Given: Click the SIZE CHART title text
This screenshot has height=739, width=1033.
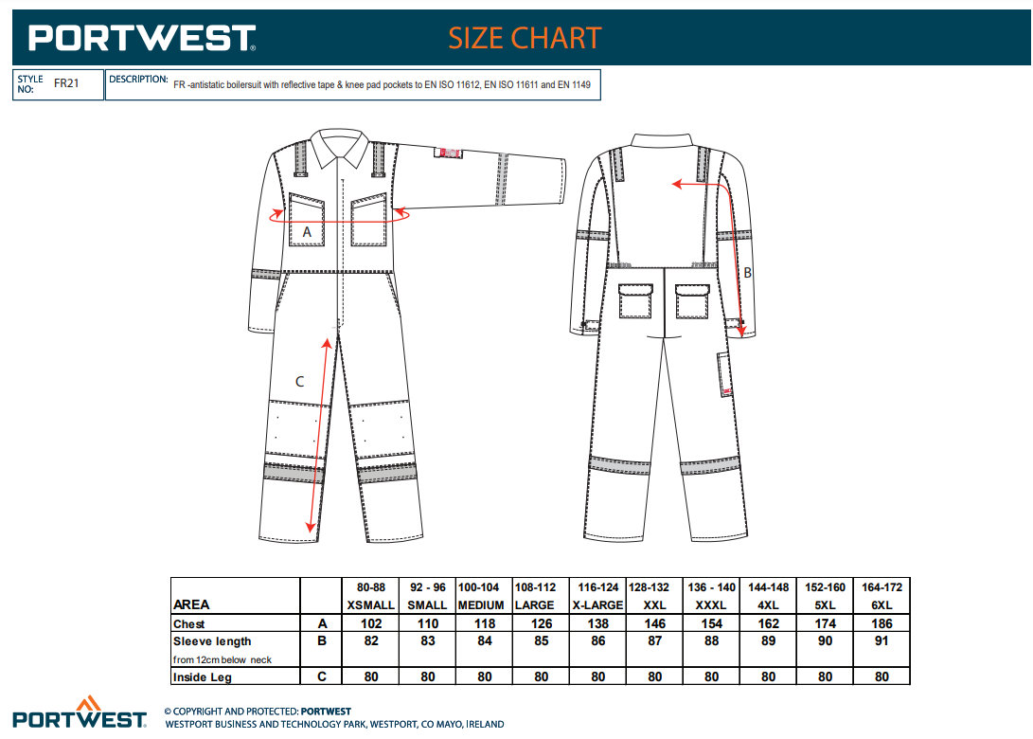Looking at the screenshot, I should (525, 38).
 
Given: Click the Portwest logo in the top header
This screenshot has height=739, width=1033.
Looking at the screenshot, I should (142, 38).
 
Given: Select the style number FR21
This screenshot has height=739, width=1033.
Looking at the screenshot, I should (66, 83).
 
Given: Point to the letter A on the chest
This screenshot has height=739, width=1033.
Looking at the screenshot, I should (307, 231).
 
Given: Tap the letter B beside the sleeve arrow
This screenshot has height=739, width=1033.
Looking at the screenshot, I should (747, 273).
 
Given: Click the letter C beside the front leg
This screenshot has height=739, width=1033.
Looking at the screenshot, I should (299, 382).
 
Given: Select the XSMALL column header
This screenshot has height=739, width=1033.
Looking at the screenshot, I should (370, 605).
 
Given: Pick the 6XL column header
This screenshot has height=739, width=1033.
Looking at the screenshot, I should (882, 605).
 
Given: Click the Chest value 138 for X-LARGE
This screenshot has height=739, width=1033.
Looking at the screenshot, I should (597, 624).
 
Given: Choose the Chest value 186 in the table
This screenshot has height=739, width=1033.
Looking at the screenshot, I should (882, 624).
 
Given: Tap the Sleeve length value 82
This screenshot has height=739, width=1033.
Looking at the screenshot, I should (370, 641).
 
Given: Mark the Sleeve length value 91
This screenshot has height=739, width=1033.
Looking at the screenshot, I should (882, 641).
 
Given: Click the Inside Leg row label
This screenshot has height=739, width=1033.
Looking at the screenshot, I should (203, 677).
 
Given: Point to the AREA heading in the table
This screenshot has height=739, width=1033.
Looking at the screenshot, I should (192, 605).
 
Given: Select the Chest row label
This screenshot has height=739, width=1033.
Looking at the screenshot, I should (189, 624).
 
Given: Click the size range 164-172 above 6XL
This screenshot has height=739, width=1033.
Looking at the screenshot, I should (882, 587).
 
